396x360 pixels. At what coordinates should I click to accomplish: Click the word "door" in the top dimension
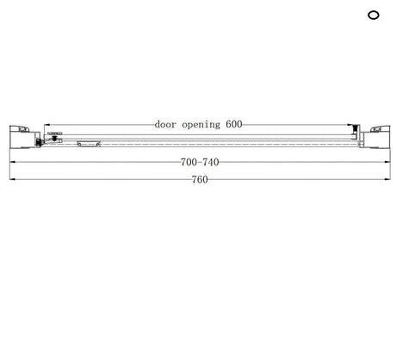pos(165,124)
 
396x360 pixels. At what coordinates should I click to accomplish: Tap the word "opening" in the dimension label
pos(201,125)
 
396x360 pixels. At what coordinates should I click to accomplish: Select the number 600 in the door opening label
pos(234,124)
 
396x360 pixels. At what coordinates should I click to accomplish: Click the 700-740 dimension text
pos(200,162)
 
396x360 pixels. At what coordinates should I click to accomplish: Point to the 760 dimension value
pos(200,180)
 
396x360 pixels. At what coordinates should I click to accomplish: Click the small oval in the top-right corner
pos(374,15)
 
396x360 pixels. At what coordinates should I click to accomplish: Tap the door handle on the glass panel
pos(89,144)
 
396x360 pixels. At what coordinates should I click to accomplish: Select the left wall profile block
pos(25,137)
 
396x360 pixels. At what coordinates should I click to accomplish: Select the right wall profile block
pos(374,137)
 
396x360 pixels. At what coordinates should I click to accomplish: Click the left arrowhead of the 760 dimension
pos(12,179)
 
